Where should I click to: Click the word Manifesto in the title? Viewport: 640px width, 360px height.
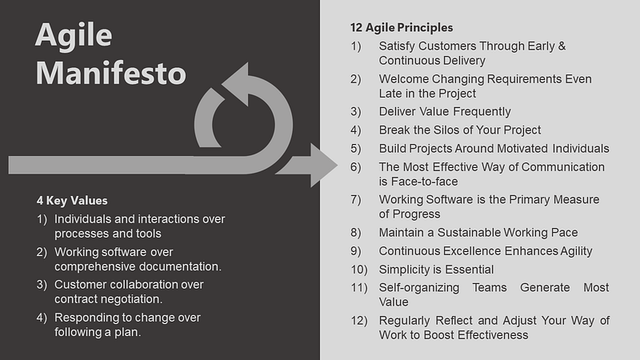click(x=110, y=73)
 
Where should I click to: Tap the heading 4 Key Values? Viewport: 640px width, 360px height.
click(x=72, y=200)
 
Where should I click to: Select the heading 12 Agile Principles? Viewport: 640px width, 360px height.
click(x=401, y=28)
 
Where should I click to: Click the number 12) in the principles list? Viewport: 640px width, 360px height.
click(x=359, y=321)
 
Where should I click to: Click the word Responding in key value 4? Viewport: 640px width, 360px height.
click(x=88, y=318)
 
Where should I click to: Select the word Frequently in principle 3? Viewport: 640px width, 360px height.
click(x=478, y=111)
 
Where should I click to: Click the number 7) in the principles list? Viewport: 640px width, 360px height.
click(x=357, y=199)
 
